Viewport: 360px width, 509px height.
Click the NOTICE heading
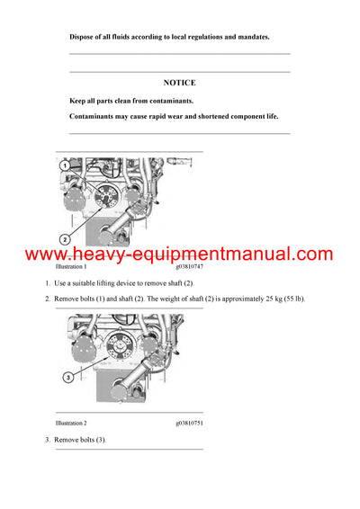pos(179,82)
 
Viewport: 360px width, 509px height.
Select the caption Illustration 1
pos(71,267)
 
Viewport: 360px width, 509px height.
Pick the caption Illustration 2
pos(71,423)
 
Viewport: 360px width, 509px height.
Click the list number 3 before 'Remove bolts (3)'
pos(47,439)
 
